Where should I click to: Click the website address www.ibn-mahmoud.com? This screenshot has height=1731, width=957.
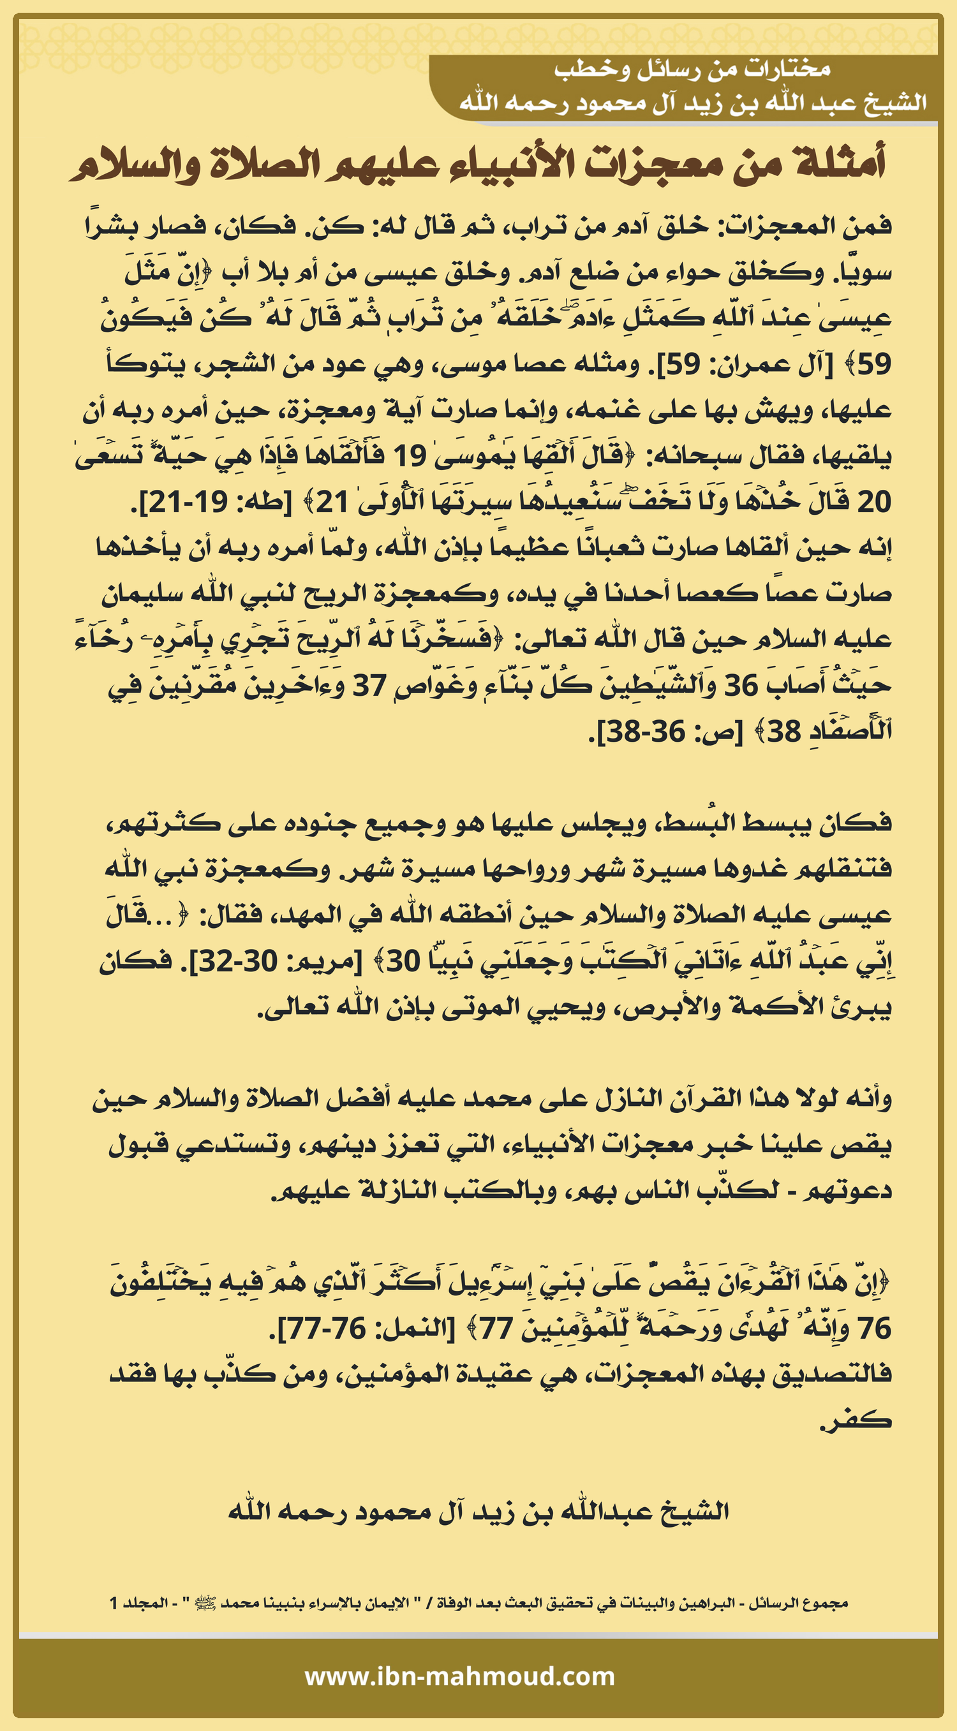(x=460, y=1676)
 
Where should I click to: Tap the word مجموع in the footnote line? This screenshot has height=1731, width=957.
(x=823, y=1603)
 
